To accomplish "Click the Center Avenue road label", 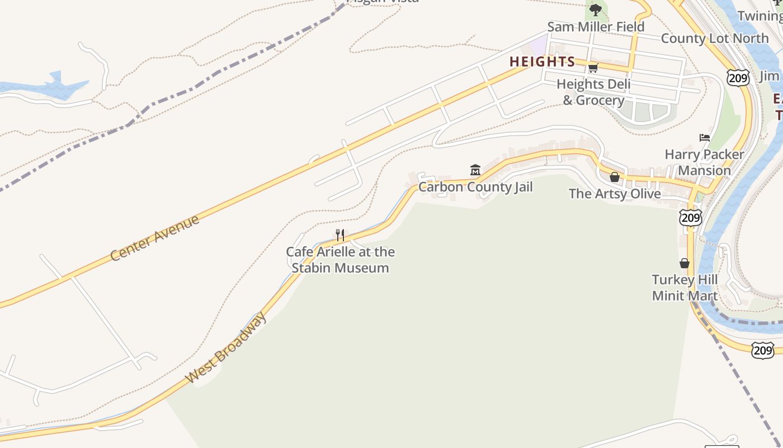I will tap(154, 237).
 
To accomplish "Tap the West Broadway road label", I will tap(227, 347).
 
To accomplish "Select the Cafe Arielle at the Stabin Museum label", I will tap(340, 260).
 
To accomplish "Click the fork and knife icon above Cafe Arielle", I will tap(340, 235).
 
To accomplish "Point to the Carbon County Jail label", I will tap(475, 187).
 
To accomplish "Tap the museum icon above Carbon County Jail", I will tap(475, 170).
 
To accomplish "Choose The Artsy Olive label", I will tap(615, 194).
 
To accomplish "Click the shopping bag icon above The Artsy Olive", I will tap(615, 177).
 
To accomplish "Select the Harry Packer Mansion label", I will tap(704, 162).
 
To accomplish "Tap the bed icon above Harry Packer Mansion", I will tap(705, 138).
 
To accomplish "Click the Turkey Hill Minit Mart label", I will tap(685, 288).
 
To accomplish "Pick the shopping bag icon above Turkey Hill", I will tap(685, 263).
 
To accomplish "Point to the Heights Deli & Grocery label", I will tap(593, 92).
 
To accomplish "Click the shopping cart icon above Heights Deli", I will tap(593, 68).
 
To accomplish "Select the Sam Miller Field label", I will tap(596, 27).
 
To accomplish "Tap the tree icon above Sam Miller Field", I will tap(596, 10).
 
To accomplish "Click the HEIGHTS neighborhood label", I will tap(542, 62).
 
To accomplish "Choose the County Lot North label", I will tap(714, 39).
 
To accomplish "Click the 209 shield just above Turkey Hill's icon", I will tap(691, 217).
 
